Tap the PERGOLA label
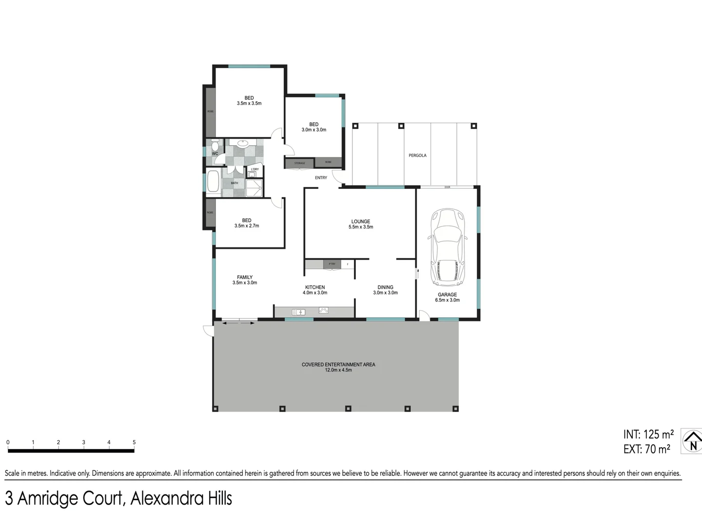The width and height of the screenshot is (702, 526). pyautogui.click(x=417, y=155)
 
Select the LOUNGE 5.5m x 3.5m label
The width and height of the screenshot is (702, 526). pyautogui.click(x=361, y=224)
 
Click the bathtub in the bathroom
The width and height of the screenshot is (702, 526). pyautogui.click(x=213, y=182)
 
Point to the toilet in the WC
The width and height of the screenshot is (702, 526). pyautogui.click(x=215, y=146)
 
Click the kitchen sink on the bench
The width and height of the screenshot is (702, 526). pyautogui.click(x=298, y=312)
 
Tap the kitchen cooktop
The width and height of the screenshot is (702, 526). pyautogui.click(x=323, y=310)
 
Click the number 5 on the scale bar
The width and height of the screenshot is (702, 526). pyautogui.click(x=134, y=442)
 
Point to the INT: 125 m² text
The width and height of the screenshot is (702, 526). pyautogui.click(x=648, y=434)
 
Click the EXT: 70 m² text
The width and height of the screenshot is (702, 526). pyautogui.click(x=646, y=449)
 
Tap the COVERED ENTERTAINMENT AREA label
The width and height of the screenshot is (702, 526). pyautogui.click(x=338, y=367)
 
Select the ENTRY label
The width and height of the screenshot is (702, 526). pyautogui.click(x=321, y=178)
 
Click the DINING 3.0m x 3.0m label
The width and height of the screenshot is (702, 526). pyautogui.click(x=385, y=290)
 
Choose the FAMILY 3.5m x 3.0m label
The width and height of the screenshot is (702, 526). pyautogui.click(x=245, y=280)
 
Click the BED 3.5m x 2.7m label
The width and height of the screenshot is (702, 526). pyautogui.click(x=247, y=223)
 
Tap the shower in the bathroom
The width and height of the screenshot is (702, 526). pyautogui.click(x=254, y=188)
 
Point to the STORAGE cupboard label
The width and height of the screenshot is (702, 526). pyautogui.click(x=299, y=163)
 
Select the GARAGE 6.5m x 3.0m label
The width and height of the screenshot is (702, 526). pyautogui.click(x=447, y=297)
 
